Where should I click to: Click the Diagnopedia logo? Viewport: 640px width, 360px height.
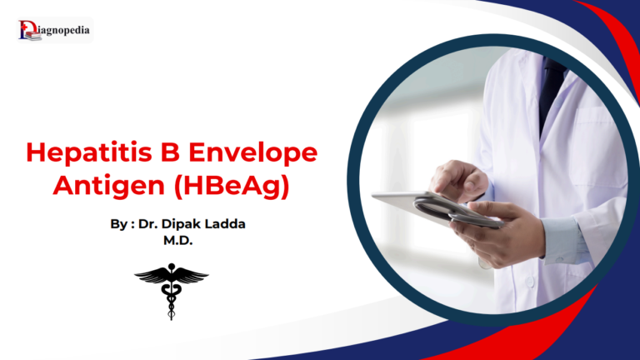(54, 31)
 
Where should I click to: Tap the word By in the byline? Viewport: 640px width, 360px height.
(120, 224)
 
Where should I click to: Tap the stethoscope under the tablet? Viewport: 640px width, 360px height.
(450, 212)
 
